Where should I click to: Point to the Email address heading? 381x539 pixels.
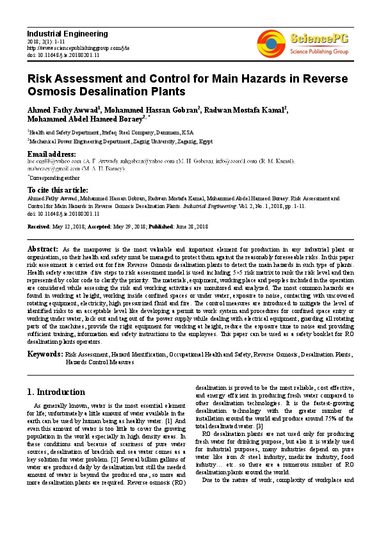[x=51, y=154]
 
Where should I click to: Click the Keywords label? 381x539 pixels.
[x=44, y=353]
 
